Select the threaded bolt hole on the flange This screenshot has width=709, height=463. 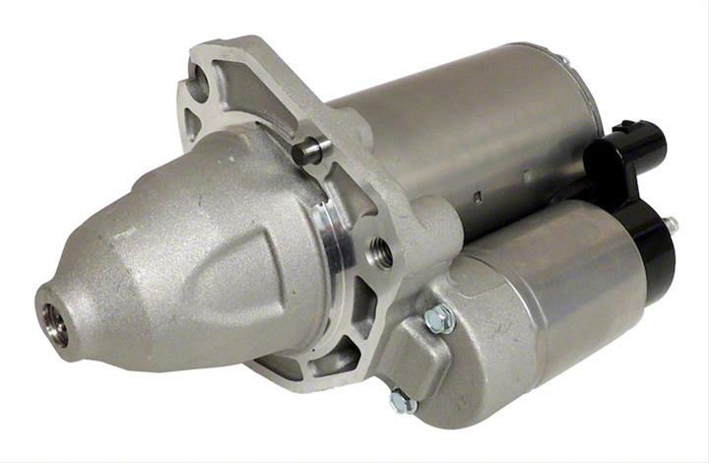[x=382, y=253]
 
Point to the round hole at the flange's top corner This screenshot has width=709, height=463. [x=200, y=87]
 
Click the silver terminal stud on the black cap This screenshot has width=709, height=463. [x=672, y=226]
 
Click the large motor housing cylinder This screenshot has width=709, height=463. [x=463, y=128]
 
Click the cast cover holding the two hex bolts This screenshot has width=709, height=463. [x=423, y=355]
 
